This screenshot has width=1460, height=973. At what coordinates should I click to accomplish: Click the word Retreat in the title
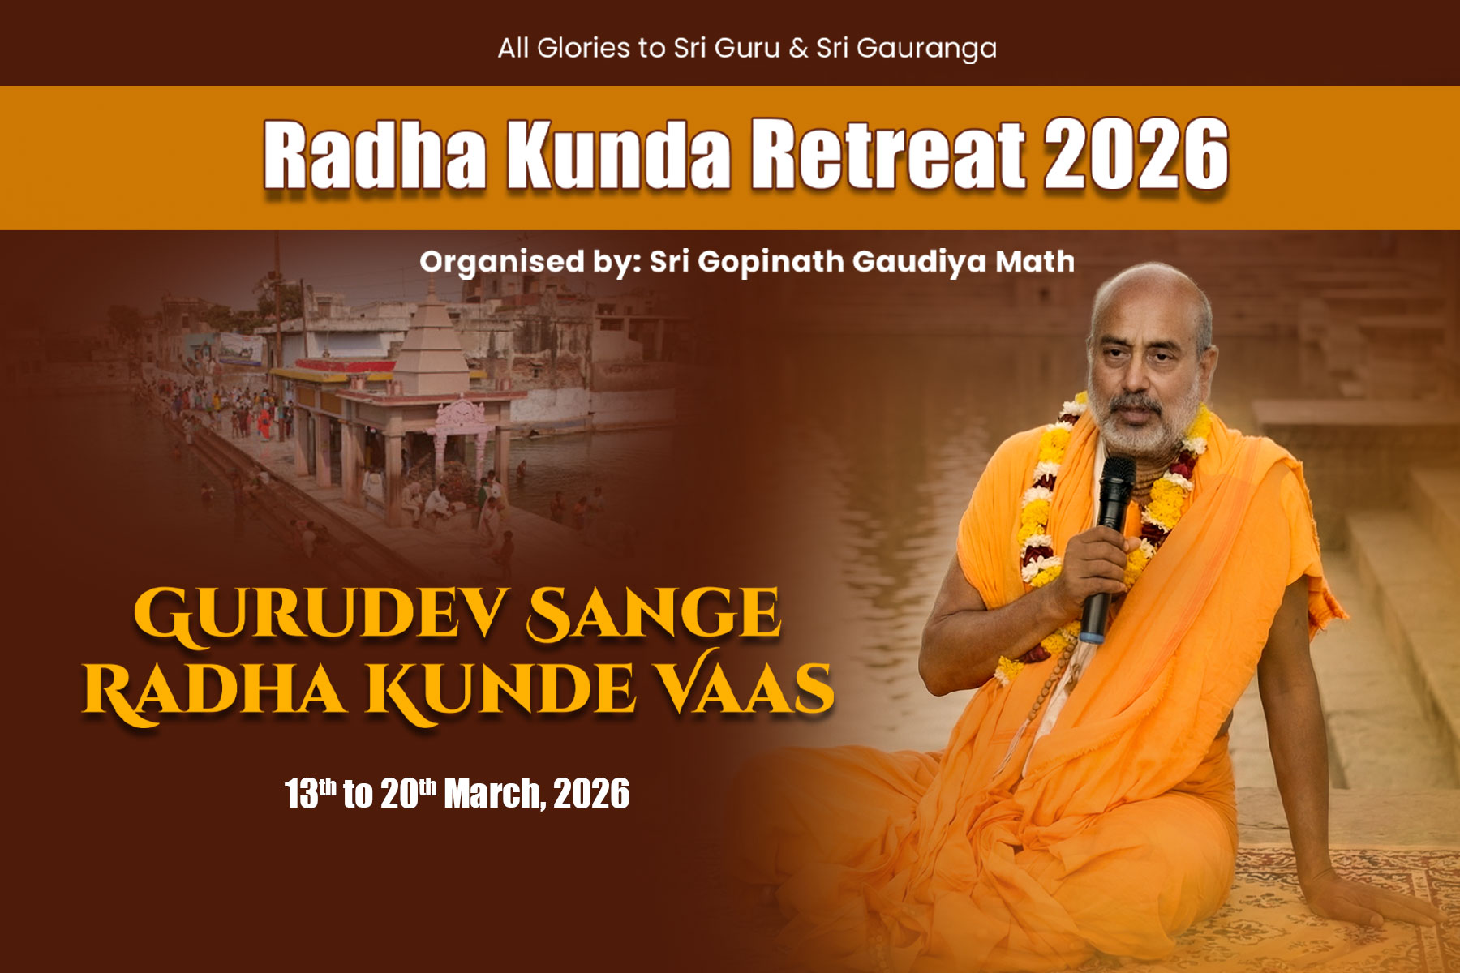tap(888, 153)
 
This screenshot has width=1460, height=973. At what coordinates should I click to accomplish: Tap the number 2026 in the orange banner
tap(1136, 153)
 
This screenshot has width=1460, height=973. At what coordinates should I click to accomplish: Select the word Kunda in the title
tap(619, 153)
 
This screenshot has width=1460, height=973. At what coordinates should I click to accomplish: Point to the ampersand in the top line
tap(798, 48)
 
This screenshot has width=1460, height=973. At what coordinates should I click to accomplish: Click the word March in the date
tap(494, 793)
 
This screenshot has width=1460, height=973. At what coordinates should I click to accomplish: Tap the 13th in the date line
tap(310, 792)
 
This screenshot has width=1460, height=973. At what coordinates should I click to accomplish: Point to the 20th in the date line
tap(408, 792)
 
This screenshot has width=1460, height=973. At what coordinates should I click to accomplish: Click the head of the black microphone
tap(1116, 483)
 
